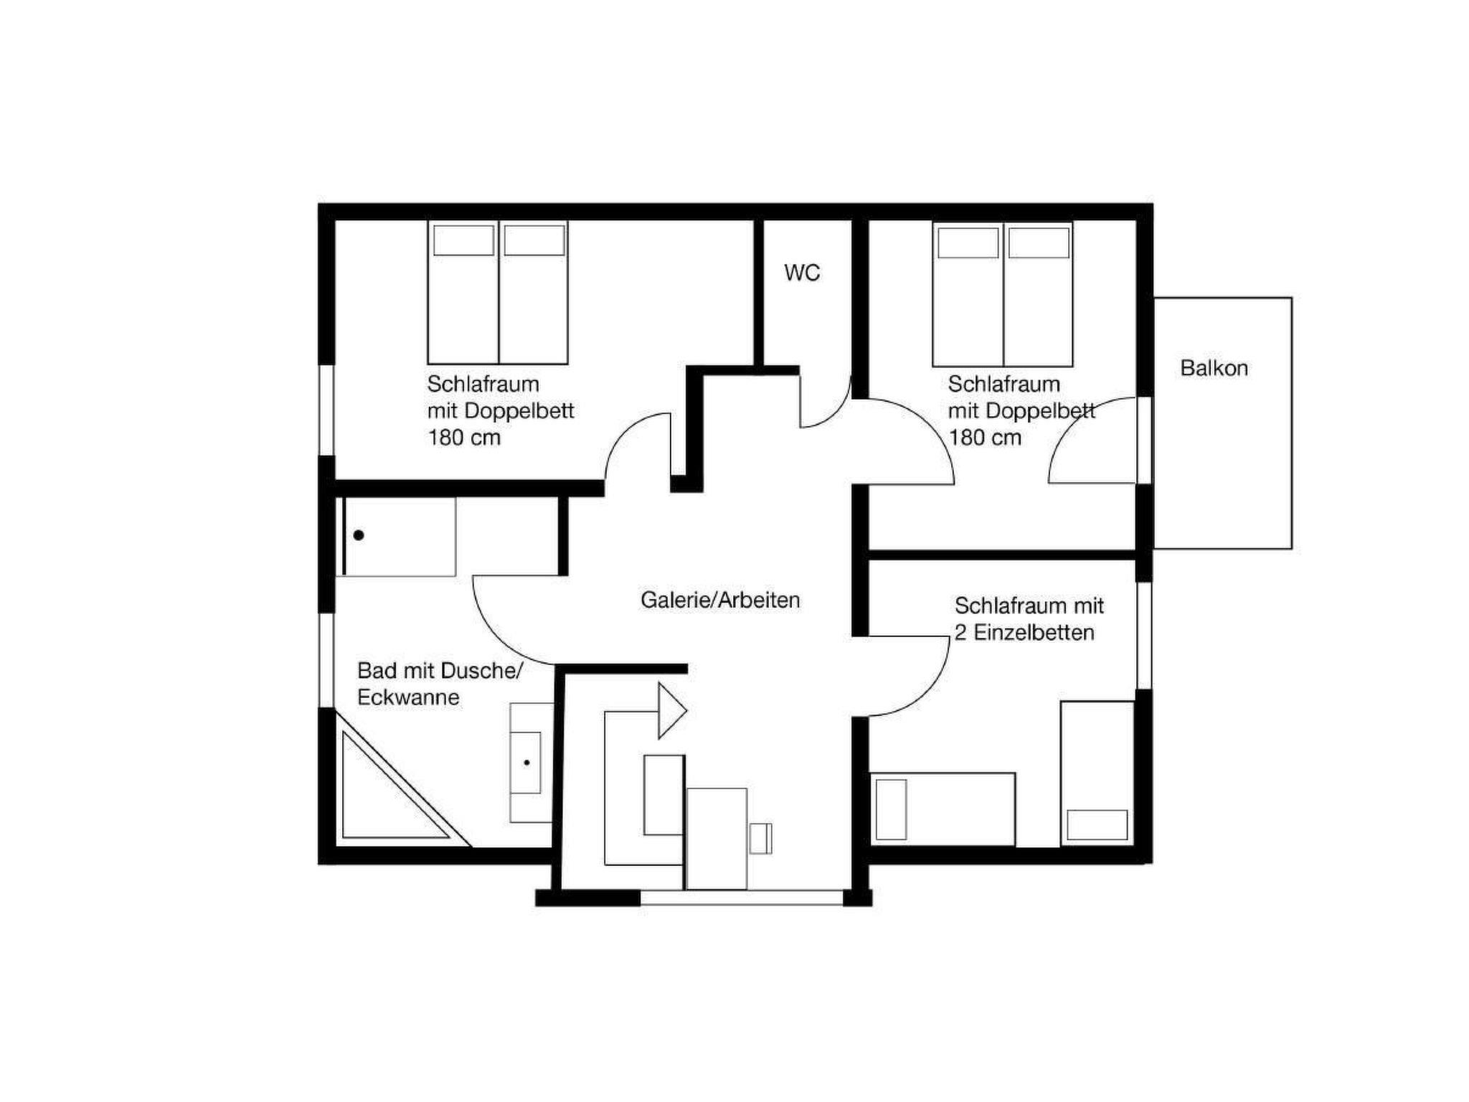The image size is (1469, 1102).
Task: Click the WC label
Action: tap(802, 273)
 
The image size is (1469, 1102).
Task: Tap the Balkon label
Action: tap(1214, 368)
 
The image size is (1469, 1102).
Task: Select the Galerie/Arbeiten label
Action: tap(720, 600)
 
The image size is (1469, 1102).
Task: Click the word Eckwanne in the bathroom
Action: tap(408, 697)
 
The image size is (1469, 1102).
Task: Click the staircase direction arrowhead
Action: tap(673, 710)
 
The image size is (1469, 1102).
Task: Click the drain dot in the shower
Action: tap(359, 535)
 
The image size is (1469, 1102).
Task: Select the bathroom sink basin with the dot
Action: tap(526, 763)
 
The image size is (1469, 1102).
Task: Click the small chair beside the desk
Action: tap(760, 839)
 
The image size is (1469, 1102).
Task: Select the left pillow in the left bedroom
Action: tap(463, 240)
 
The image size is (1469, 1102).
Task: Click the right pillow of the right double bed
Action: tap(1039, 242)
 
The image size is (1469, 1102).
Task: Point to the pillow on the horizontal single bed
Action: tap(891, 809)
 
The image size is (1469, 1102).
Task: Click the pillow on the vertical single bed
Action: tap(1097, 824)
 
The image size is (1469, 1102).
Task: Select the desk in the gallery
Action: tap(717, 839)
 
